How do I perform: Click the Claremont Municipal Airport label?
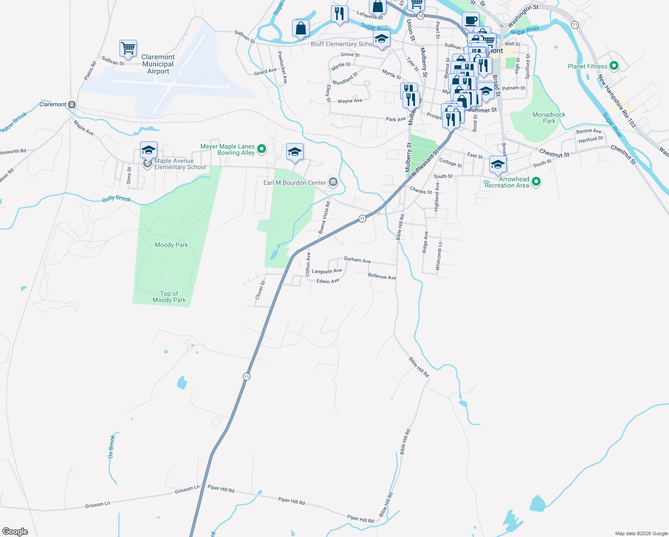coord(158,64)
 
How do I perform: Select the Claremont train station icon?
coord(72,105)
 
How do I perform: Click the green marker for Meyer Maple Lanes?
coord(262,148)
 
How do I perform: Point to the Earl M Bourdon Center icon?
coord(333,182)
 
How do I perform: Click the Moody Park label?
coord(171,245)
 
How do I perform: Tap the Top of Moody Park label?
coord(169,297)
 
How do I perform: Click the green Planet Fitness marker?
coord(614,66)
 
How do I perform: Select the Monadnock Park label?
coord(549,118)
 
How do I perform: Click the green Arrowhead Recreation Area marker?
coord(537,182)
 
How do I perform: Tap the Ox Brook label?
coord(111,446)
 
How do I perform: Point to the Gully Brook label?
coord(116,198)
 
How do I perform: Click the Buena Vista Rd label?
coord(324,217)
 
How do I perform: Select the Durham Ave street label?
coord(357,260)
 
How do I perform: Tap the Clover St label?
coord(260,290)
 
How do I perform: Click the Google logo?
coord(15,531)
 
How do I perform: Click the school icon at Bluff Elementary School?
coord(381,39)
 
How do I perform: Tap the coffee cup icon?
coord(470,20)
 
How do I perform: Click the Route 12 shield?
coord(420,16)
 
